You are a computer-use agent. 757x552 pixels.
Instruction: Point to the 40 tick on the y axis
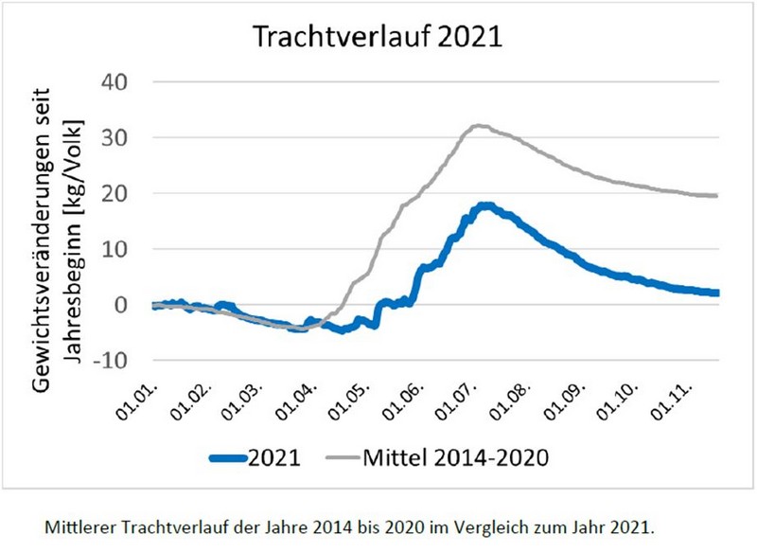coord(123,82)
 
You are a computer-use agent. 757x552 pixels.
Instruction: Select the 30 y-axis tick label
coord(123,138)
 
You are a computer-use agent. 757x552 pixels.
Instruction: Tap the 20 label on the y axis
coord(123,193)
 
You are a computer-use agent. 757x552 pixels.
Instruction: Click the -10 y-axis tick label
coord(119,361)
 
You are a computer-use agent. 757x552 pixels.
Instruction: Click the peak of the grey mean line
coord(479,125)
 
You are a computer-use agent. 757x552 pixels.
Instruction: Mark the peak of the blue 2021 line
coord(485,205)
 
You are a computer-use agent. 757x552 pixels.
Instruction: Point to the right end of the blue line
coord(717,293)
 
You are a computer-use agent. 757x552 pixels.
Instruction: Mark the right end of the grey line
coord(717,195)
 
